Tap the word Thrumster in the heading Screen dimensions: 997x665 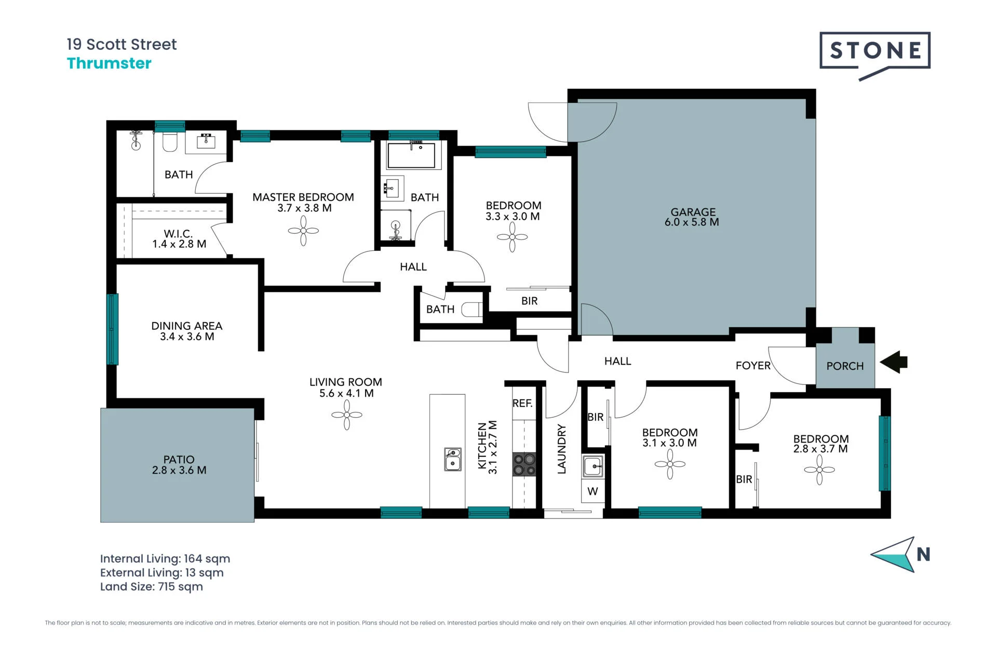click(x=109, y=63)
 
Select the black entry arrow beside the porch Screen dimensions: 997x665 click(x=894, y=362)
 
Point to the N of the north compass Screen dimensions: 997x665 click(x=923, y=555)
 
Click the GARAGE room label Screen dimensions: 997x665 click(x=693, y=212)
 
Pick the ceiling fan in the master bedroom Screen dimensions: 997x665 click(x=303, y=231)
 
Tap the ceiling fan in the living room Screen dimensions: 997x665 click(x=347, y=415)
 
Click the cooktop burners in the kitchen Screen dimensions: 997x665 click(x=524, y=464)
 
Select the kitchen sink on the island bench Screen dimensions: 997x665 click(x=453, y=459)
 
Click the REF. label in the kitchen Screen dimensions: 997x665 click(x=522, y=403)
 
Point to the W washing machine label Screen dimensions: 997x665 click(x=592, y=491)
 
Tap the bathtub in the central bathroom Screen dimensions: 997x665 click(x=411, y=155)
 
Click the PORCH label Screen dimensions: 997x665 click(x=845, y=366)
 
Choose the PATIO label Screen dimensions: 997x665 click(x=179, y=460)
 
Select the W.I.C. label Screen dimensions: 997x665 click(x=178, y=234)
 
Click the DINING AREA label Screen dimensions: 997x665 click(x=187, y=326)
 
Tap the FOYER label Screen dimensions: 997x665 click(x=753, y=366)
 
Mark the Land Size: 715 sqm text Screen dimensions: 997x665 click(x=152, y=587)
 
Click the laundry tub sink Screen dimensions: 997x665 click(x=592, y=467)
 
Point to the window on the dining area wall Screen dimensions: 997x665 click(x=113, y=329)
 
